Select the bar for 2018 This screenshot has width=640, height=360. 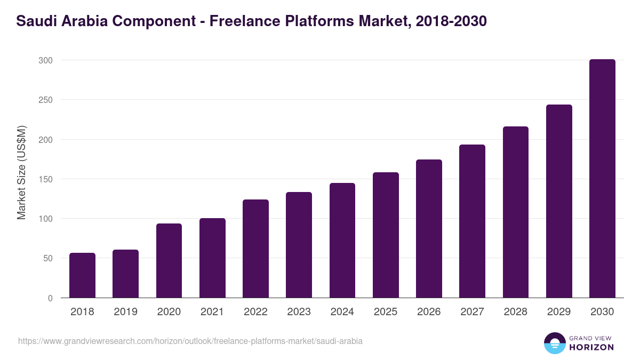(x=82, y=275)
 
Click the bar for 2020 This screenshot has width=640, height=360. (x=169, y=261)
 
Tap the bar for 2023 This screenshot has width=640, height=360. (x=299, y=245)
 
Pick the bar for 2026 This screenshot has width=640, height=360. (x=429, y=229)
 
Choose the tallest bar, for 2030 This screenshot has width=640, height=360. (x=602, y=179)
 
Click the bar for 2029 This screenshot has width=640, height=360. (x=559, y=201)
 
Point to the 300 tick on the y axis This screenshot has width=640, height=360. (x=46, y=61)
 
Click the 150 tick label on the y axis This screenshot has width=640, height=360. (x=46, y=179)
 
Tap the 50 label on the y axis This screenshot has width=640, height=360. (x=48, y=259)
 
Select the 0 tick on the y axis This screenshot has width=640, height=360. (x=50, y=298)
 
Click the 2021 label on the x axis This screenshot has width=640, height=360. (x=212, y=312)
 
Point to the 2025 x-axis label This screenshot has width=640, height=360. (x=386, y=312)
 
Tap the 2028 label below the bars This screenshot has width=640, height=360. (x=516, y=312)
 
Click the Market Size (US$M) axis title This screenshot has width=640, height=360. (x=21, y=173)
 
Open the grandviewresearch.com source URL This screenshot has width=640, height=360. (x=190, y=341)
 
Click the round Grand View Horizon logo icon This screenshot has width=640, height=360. (x=554, y=343)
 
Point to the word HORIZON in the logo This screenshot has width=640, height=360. (x=591, y=347)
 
